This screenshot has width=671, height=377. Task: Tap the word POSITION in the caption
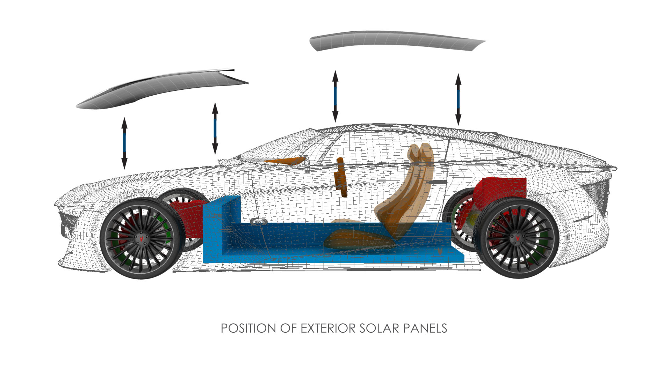click(248, 328)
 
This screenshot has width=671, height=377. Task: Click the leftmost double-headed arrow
click(124, 143)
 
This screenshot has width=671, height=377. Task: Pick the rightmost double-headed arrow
click(458, 99)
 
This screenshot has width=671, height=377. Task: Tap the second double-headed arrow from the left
click(215, 128)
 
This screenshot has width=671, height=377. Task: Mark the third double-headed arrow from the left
click(335, 96)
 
